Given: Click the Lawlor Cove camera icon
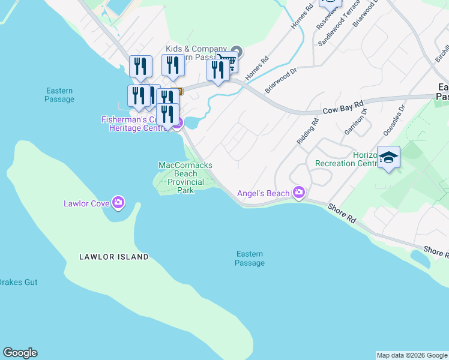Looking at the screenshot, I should (x=118, y=203).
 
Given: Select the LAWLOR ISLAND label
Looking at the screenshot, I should (x=114, y=257).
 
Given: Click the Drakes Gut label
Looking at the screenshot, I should (x=17, y=282).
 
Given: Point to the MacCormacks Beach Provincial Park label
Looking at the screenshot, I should (x=185, y=178).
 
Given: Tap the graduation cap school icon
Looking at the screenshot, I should (x=388, y=158).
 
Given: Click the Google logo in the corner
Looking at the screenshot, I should (x=20, y=353).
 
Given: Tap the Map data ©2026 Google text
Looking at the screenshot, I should (x=412, y=355).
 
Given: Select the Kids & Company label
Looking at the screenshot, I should (x=196, y=49).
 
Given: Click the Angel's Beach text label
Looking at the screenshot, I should (x=263, y=193).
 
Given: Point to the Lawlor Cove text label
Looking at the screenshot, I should (x=86, y=203).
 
